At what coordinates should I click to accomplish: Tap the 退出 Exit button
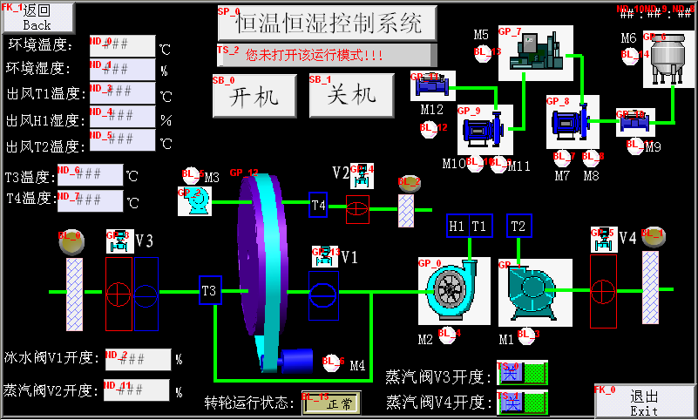point(645,402)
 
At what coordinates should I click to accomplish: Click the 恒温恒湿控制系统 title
point(327,23)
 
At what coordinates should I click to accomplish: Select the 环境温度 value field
point(123,45)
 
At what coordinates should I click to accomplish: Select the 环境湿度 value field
point(123,69)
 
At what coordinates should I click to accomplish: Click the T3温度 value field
point(91,175)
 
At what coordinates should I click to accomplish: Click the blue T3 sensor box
point(210,291)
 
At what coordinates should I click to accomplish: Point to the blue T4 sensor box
point(320,206)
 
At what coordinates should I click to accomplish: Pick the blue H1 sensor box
point(457,226)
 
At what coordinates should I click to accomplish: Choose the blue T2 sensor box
point(519,226)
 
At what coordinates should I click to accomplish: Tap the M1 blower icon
point(535,291)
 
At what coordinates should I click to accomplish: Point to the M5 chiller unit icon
point(535,52)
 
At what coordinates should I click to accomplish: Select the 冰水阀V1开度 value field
point(138,359)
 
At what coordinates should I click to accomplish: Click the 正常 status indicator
point(331,403)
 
